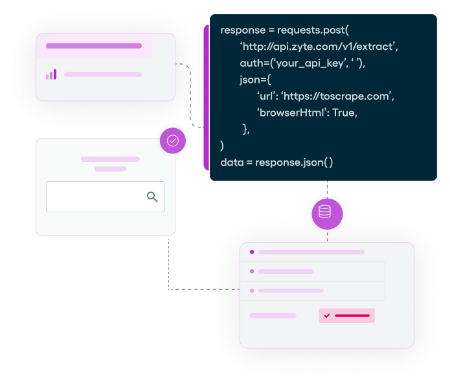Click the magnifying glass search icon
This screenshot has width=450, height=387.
(152, 197)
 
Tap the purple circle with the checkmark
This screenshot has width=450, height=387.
(173, 140)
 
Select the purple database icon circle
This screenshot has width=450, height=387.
(326, 212)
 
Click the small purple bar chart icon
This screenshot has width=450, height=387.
(51, 74)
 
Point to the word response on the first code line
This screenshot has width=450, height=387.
(243, 30)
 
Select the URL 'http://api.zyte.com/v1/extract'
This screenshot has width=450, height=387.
(319, 47)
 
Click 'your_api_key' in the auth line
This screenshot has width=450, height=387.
(300, 63)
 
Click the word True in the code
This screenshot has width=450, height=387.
(343, 113)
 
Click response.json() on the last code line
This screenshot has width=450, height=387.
(294, 162)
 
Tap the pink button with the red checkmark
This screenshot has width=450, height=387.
(347, 316)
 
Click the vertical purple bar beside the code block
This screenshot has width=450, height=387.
(207, 97)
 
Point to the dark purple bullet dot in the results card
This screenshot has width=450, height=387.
(252, 252)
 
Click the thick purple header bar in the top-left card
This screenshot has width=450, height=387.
(94, 46)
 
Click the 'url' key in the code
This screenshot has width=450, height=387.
(267, 96)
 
